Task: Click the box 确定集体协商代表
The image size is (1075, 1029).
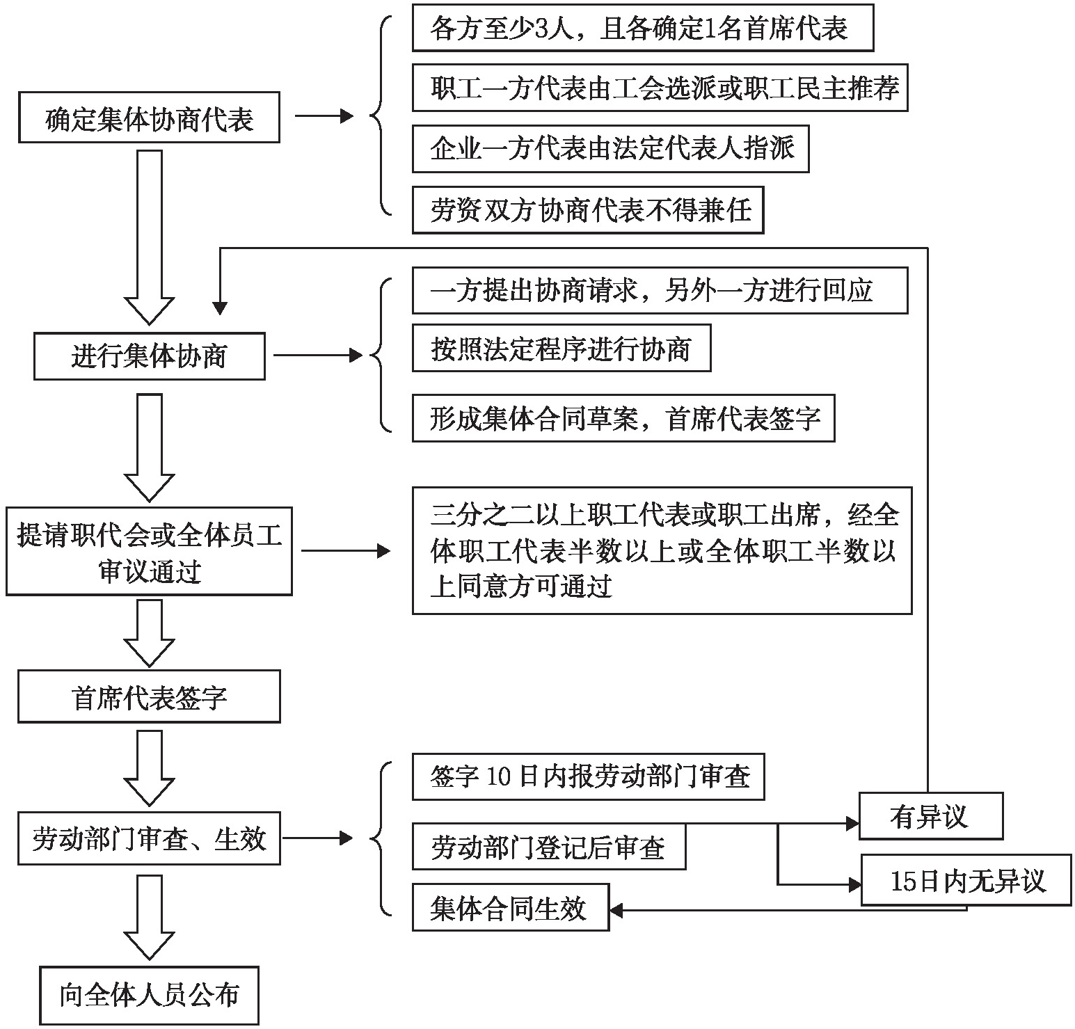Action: [149, 118]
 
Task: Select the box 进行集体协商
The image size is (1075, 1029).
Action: [149, 356]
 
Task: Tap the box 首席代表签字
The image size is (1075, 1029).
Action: [149, 696]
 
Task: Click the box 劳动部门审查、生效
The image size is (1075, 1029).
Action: [149, 838]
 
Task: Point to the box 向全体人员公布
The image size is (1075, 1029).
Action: [149, 995]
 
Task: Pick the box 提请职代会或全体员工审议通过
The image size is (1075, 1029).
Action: [149, 552]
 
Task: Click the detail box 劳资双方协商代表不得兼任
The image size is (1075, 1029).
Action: [587, 209]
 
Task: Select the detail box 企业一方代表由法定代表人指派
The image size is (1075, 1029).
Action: [610, 149]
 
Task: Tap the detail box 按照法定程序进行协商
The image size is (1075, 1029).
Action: [561, 347]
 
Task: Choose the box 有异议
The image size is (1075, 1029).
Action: [930, 816]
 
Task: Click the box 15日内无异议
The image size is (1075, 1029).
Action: [966, 880]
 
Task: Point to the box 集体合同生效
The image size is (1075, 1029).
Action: [510, 907]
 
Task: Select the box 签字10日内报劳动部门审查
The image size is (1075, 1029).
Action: [588, 776]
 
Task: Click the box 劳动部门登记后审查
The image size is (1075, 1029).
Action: [548, 847]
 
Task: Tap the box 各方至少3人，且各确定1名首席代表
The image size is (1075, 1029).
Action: [642, 28]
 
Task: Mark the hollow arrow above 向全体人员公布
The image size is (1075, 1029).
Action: [149, 917]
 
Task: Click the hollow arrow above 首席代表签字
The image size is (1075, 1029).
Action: [149, 633]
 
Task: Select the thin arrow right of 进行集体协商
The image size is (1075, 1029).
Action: [318, 356]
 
